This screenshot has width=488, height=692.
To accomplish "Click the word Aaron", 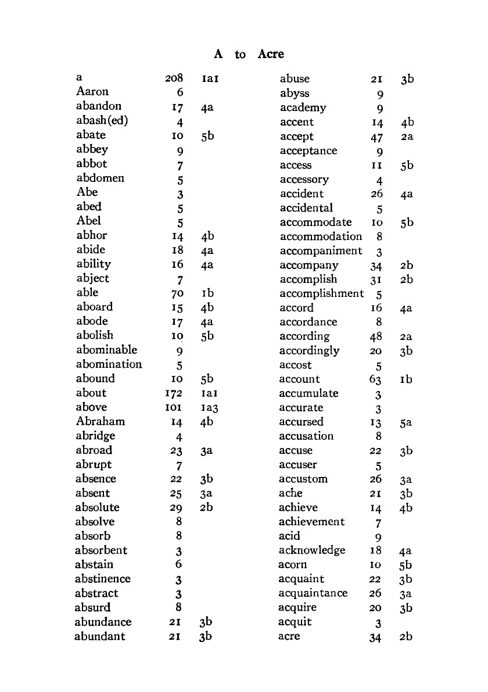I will tap(92, 92).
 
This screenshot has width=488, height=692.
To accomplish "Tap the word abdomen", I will tap(100, 178).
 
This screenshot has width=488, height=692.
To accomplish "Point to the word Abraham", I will tap(100, 421).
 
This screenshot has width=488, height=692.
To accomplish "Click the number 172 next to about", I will tap(175, 393).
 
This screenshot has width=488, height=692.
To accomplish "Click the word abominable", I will tap(106, 350).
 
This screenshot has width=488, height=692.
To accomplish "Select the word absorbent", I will tap(101, 550).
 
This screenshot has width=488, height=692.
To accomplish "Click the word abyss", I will tap(295, 93).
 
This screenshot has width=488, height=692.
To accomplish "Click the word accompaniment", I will tap(321, 251).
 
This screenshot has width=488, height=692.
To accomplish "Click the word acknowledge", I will tap(312, 550).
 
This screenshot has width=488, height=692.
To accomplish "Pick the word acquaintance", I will tap(313, 593).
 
